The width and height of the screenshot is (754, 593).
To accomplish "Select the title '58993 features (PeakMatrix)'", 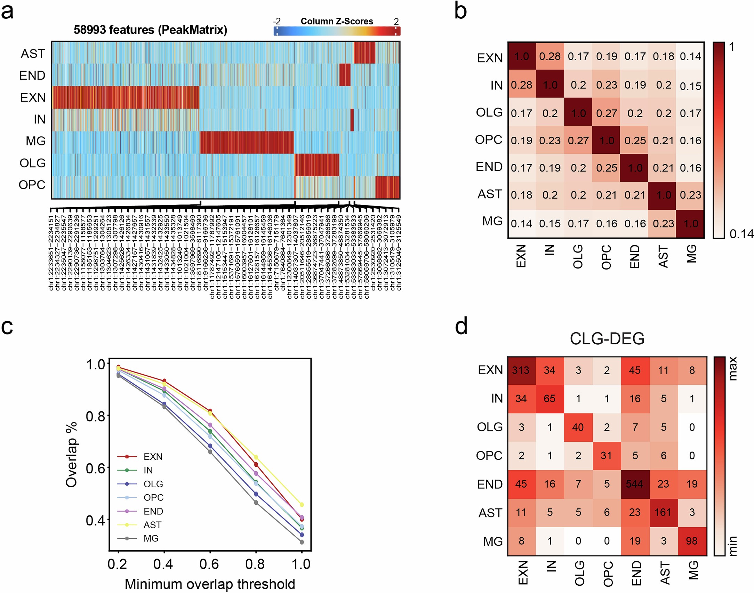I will click(x=150, y=30).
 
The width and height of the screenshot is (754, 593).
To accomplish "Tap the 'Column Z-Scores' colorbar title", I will click(x=337, y=21).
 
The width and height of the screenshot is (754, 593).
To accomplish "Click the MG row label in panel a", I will click(x=36, y=141).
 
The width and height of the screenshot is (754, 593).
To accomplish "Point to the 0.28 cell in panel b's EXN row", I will click(x=550, y=56).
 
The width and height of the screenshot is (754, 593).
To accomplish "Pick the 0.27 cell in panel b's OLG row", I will click(x=607, y=113).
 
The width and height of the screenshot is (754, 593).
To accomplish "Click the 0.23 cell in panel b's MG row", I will click(x=663, y=224).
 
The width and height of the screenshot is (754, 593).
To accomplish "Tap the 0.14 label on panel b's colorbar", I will click(x=741, y=234).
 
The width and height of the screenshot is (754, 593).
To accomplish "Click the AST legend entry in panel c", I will click(x=152, y=525).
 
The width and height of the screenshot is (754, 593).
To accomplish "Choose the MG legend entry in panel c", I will click(x=151, y=538).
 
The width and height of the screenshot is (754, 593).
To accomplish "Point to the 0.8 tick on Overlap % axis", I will click(x=95, y=416).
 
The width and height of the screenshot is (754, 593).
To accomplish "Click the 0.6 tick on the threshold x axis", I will click(x=209, y=564).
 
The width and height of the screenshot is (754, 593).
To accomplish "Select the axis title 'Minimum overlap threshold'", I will click(x=210, y=584).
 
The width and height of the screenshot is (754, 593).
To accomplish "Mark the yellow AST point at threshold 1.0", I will click(x=302, y=505).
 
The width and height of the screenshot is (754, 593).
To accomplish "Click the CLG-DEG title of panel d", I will click(x=607, y=338).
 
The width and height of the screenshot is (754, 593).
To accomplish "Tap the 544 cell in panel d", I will click(x=635, y=484).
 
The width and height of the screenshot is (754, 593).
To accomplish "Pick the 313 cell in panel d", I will click(x=521, y=370).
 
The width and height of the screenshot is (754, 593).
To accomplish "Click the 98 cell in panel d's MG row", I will click(x=692, y=541).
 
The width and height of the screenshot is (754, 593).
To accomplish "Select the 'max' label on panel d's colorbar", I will click(x=733, y=369).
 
